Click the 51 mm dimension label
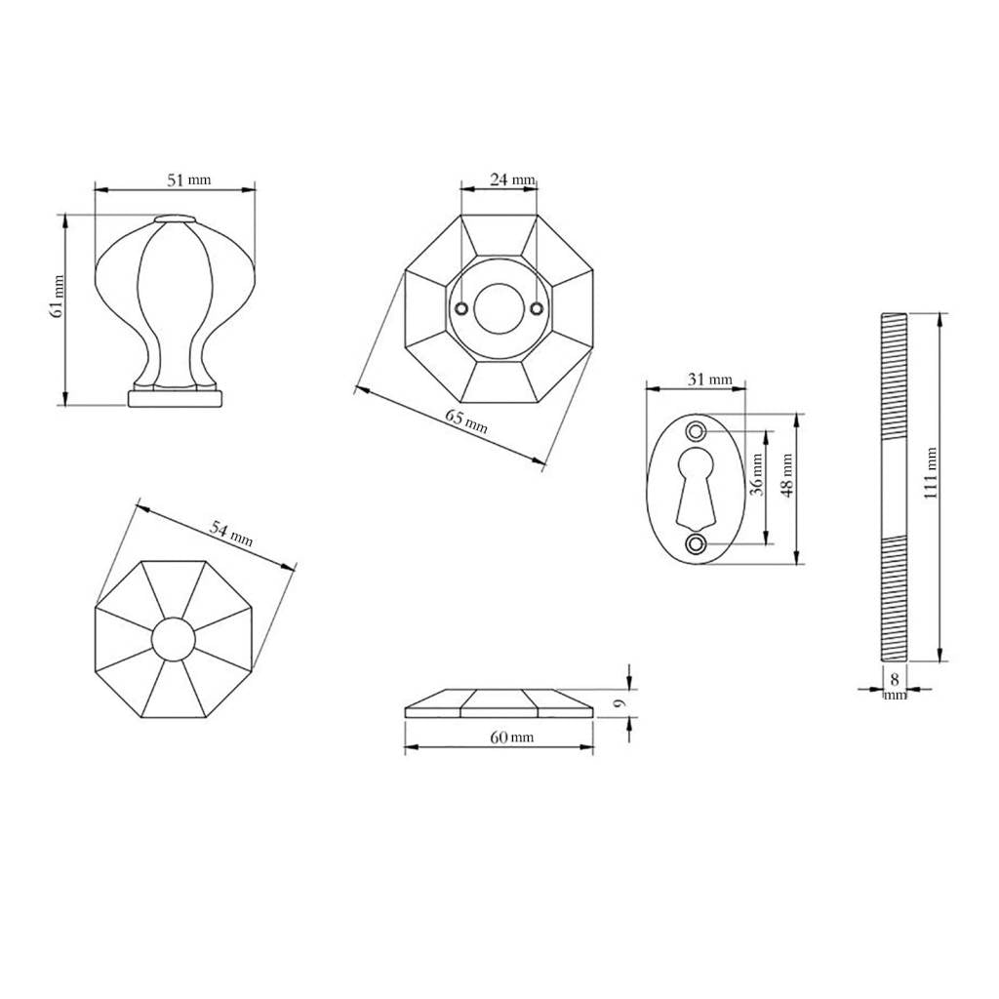coord(188,180)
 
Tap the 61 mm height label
coord(57,297)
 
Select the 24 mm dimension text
coord(512,180)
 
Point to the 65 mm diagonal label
coord(466,421)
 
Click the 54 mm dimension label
coord(231,534)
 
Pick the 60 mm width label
coord(511,738)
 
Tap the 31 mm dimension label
coord(710,380)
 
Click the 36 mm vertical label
coord(756,475)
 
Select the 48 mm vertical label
coord(787,475)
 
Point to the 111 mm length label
coord(930,473)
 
